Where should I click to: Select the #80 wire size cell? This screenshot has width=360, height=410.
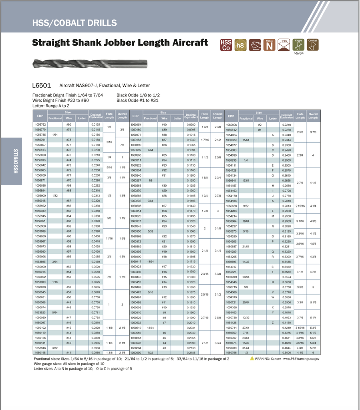(x=69, y=125)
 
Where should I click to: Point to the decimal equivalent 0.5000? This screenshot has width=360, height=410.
(x=287, y=353)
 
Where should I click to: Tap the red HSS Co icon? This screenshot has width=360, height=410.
(x=226, y=45)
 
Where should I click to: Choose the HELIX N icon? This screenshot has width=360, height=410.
(x=269, y=45)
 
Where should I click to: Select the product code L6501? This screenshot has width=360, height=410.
(x=41, y=85)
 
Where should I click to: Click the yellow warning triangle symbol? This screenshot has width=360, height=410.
(x=252, y=359)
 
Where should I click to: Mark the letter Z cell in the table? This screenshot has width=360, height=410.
(x=273, y=323)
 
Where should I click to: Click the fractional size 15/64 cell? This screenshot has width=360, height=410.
(x=246, y=140)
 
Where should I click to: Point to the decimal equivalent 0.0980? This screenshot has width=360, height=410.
(x=191, y=125)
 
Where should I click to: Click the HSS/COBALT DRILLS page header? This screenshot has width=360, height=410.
(x=74, y=23)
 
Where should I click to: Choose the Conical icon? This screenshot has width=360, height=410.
(x=313, y=45)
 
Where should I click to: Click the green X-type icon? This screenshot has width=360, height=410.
(x=298, y=45)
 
